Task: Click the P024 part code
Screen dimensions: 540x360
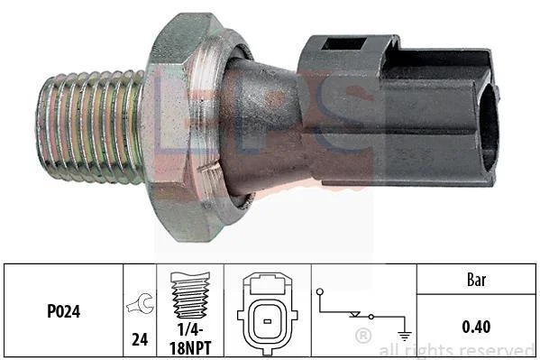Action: click(x=64, y=311)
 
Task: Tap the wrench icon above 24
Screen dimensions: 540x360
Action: click(x=140, y=304)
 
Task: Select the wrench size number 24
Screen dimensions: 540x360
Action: click(x=140, y=339)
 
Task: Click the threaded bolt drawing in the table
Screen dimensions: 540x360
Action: click(x=190, y=295)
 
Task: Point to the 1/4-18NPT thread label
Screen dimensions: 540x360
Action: click(x=190, y=338)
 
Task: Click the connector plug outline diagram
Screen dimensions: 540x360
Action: click(x=268, y=313)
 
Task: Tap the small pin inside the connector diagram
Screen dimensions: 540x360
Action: click(x=267, y=322)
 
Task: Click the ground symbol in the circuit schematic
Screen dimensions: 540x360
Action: click(x=404, y=335)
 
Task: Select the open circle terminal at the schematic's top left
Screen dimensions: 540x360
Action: click(x=320, y=291)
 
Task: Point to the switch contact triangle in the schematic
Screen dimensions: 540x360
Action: click(x=354, y=315)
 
